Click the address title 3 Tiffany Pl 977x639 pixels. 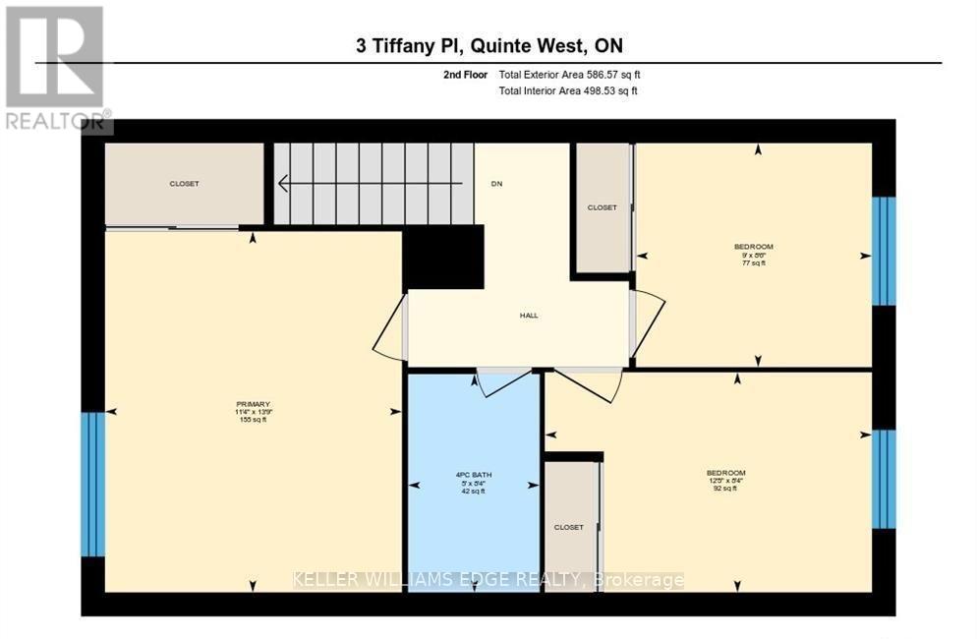488,45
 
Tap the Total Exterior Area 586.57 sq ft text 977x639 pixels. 570,75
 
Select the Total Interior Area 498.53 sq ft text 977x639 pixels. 568,91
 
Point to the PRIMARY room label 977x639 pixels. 252,411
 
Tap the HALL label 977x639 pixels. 530,316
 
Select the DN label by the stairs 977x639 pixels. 496,184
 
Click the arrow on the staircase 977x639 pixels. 369,183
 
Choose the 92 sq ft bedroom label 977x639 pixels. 725,479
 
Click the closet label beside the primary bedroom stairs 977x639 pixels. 184,184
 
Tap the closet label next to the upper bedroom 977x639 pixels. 602,207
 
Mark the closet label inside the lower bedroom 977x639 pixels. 568,527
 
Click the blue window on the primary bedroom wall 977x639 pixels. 92,483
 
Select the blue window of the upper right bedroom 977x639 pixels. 884,251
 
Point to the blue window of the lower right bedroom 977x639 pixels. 884,479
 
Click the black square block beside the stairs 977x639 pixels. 444,257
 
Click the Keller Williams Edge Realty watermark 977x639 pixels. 488,580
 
